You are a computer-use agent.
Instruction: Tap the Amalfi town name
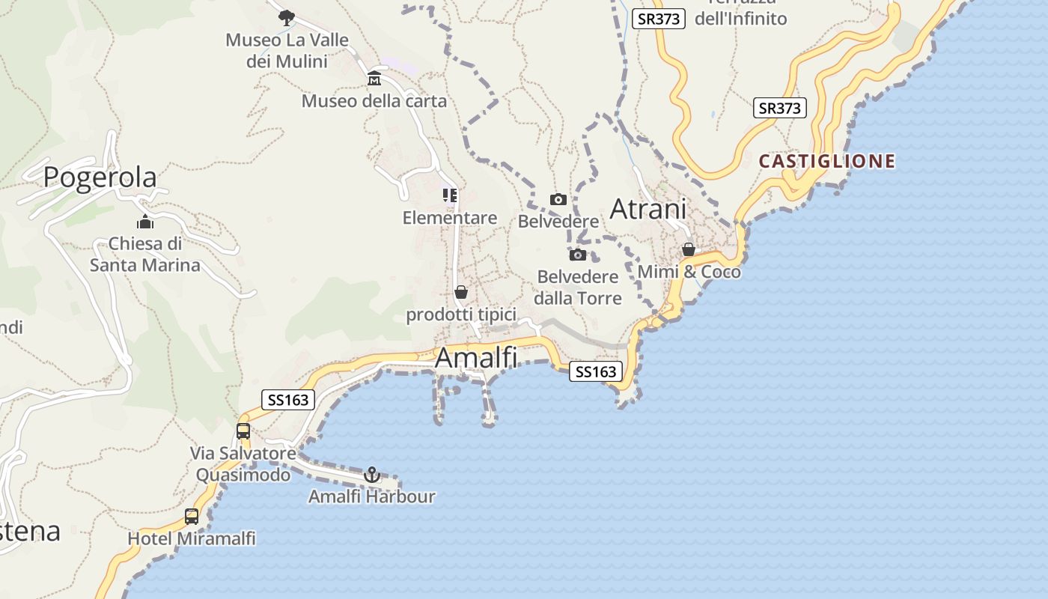click(x=476, y=358)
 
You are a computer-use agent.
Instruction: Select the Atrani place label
click(x=648, y=209)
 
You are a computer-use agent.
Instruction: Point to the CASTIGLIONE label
click(x=827, y=161)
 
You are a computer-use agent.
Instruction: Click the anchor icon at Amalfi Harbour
click(x=371, y=475)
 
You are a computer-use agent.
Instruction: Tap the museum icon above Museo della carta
click(x=374, y=79)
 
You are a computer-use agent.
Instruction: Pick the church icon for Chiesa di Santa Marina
click(x=145, y=222)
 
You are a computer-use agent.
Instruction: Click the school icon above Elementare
click(x=449, y=195)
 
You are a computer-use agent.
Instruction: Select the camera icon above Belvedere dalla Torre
click(x=578, y=255)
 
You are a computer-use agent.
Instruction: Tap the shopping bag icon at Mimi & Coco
click(x=688, y=249)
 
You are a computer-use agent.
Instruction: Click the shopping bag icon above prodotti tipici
click(x=461, y=292)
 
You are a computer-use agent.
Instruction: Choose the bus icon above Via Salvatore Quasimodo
click(x=243, y=431)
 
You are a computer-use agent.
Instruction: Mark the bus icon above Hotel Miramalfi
click(x=192, y=516)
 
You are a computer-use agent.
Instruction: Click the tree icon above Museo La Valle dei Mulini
click(x=286, y=17)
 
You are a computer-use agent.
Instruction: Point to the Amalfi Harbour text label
click(x=371, y=496)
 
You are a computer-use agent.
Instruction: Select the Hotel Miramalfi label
click(x=192, y=538)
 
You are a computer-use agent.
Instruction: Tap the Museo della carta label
click(x=374, y=101)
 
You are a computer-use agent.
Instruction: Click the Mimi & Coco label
click(x=689, y=272)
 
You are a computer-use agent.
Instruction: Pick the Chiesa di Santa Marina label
click(x=145, y=254)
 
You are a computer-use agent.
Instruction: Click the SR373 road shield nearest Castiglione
click(x=779, y=109)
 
